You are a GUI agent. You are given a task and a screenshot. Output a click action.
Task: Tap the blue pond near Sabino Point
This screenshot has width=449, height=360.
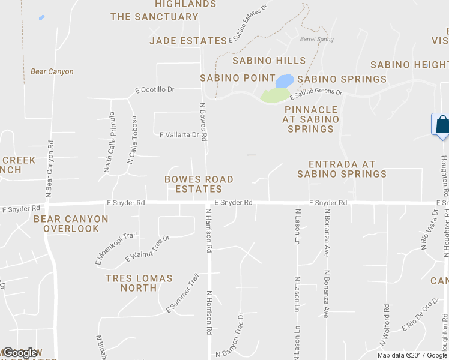point(285,80)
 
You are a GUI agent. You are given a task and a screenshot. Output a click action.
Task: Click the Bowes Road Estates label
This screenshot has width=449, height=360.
point(199,184)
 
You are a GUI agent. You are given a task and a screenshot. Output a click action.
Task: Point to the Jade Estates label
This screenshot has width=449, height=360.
point(188,41)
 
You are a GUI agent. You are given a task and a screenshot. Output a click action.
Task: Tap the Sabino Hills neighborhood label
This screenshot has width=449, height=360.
point(269,61)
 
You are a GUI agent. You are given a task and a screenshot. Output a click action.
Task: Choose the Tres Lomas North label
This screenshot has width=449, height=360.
point(139,283)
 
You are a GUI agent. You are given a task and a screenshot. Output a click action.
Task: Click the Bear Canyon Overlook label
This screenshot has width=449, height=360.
point(71,224)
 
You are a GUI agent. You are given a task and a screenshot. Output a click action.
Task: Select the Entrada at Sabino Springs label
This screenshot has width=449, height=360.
point(342,169)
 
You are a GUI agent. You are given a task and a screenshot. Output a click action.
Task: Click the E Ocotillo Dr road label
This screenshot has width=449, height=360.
point(155,90)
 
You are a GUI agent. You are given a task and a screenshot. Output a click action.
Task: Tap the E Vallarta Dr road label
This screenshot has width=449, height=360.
point(179,135)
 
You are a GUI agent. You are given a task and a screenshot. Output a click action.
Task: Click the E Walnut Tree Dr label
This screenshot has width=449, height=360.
point(148,248)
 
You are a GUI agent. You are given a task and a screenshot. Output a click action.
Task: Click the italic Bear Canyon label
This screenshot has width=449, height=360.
point(52,72)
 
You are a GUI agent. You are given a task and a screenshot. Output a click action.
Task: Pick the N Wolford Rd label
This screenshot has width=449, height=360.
point(384,325)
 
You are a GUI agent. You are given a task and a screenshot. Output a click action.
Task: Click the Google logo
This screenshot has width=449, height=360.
point(20,353)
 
